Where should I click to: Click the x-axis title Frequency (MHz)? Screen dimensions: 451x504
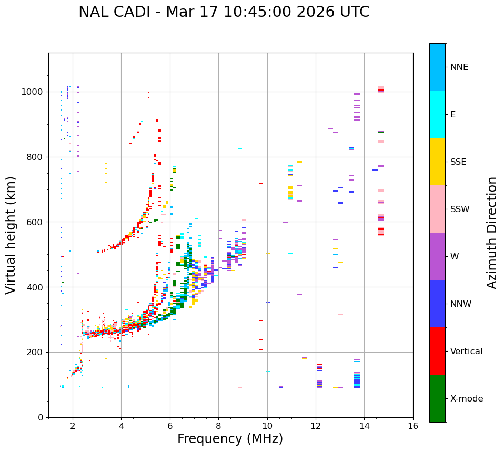(230, 439)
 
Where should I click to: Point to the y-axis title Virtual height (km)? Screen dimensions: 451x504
(11, 235)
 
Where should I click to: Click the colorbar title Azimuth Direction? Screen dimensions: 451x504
(492, 233)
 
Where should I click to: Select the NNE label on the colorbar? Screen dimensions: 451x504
(459, 67)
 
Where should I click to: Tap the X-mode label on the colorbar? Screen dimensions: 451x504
(466, 399)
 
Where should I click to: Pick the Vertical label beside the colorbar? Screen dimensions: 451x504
(466, 352)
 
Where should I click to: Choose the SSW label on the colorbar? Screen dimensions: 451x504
(460, 209)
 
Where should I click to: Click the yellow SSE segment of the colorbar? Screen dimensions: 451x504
(437, 162)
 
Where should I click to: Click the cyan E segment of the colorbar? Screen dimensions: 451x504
(437, 114)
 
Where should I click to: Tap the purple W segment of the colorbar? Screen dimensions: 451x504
(437, 256)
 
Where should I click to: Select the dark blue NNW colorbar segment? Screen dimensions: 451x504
(437, 304)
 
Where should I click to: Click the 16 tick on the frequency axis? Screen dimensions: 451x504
(413, 426)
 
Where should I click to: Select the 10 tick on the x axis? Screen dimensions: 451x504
(267, 426)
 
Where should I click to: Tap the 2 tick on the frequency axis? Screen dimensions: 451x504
(73, 426)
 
